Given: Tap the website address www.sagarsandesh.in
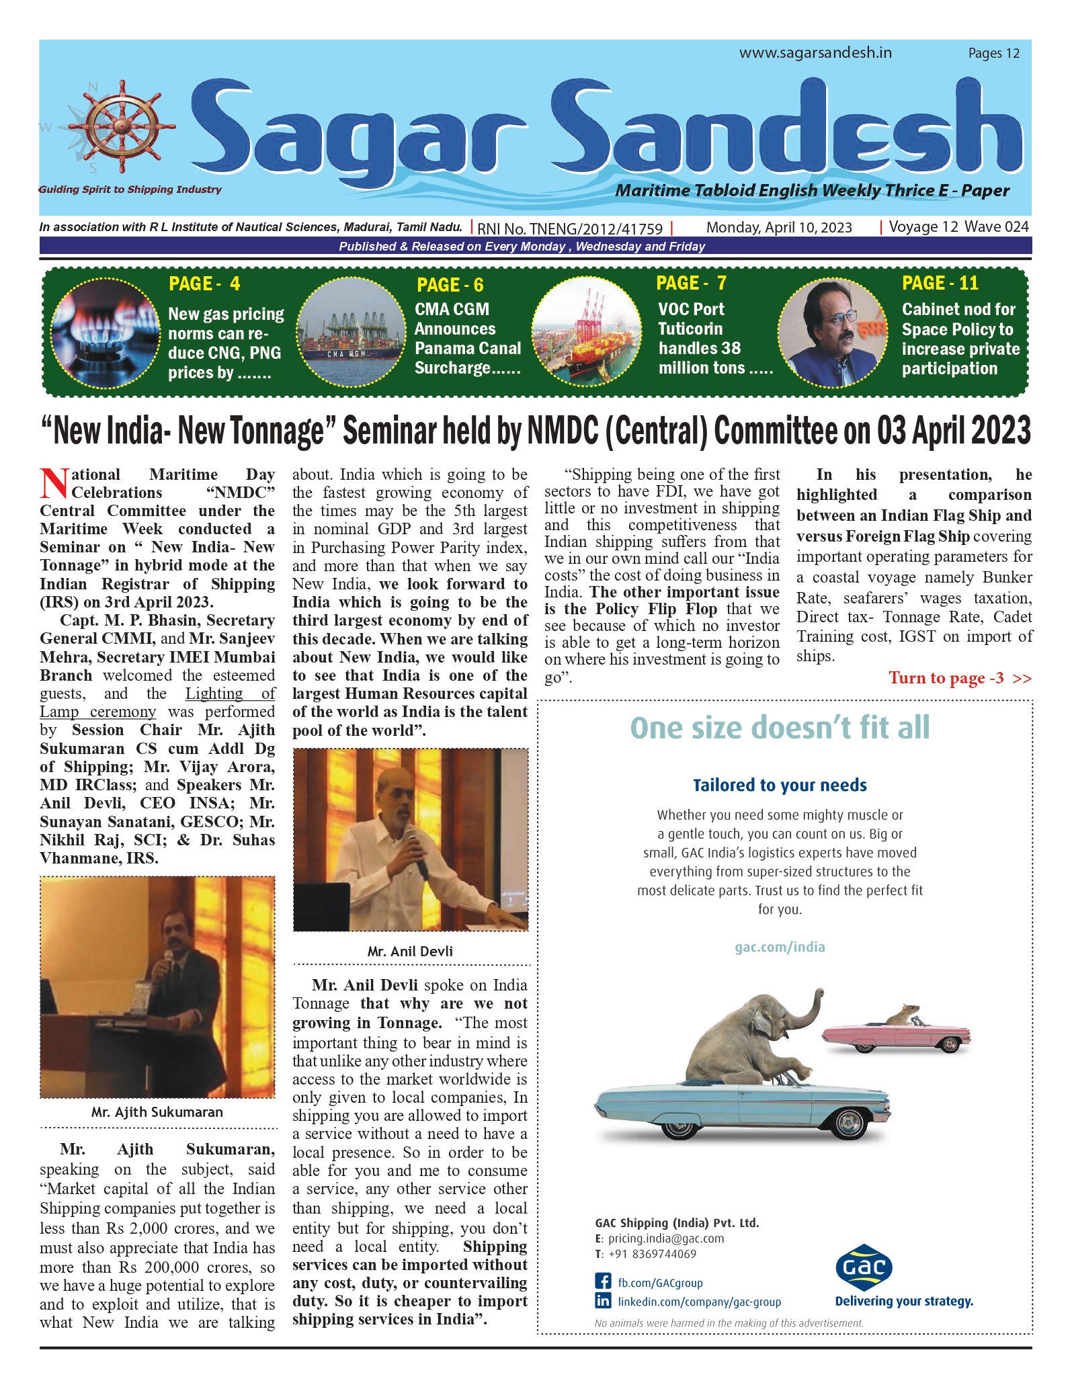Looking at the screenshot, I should point(815,53).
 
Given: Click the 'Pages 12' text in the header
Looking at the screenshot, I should point(993,53).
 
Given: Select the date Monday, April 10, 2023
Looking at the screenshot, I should point(779,228).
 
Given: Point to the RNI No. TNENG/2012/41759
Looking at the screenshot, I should point(570,228).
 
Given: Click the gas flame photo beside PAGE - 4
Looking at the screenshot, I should point(106,333).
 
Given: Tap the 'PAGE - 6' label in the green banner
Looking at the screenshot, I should point(450,285).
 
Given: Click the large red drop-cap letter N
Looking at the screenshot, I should point(54,483).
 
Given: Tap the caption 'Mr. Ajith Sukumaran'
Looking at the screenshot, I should point(157,1112).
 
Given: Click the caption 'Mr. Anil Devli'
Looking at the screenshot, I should point(410,952).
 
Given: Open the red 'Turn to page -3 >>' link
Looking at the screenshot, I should point(960,677).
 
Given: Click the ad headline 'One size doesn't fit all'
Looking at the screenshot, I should point(780,728).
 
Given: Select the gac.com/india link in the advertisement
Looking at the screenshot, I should point(780,947).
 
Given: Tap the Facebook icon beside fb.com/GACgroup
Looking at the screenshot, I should point(603,1282).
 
